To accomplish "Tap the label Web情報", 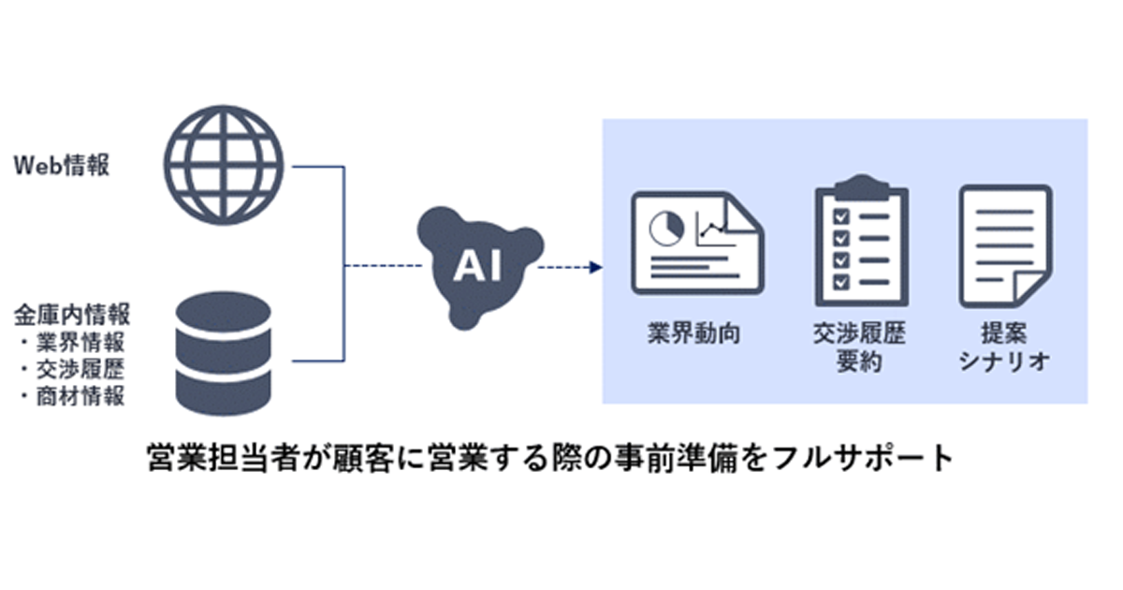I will point(62,167).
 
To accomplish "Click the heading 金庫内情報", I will point(71,311).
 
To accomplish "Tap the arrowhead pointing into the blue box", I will point(591,269).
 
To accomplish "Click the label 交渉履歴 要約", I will point(860,347).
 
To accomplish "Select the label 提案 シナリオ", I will point(1005,347).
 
